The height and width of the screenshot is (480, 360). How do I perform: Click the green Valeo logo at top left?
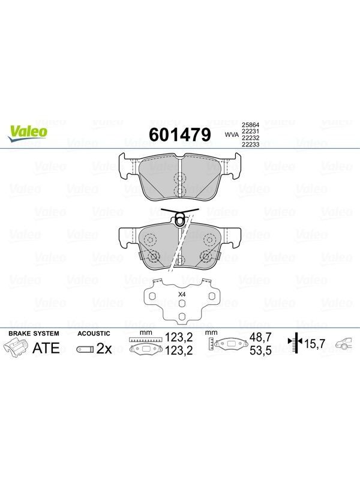pyautogui.click(x=28, y=133)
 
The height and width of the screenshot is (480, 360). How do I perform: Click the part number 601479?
pyautogui.click(x=180, y=134)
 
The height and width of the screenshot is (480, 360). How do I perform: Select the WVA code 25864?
pyautogui.click(x=250, y=125)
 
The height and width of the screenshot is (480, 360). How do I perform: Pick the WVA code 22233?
pyautogui.click(x=250, y=145)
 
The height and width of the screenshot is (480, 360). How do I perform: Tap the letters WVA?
pyautogui.click(x=232, y=134)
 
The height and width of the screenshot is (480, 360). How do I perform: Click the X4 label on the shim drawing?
pyautogui.click(x=182, y=295)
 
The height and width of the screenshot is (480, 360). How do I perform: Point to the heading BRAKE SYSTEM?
pyautogui.click(x=34, y=334)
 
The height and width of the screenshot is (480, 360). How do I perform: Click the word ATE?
pyautogui.click(x=46, y=348)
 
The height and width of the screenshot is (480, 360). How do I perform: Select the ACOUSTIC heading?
pyautogui.click(x=94, y=334)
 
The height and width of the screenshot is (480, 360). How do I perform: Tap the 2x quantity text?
pyautogui.click(x=104, y=349)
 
